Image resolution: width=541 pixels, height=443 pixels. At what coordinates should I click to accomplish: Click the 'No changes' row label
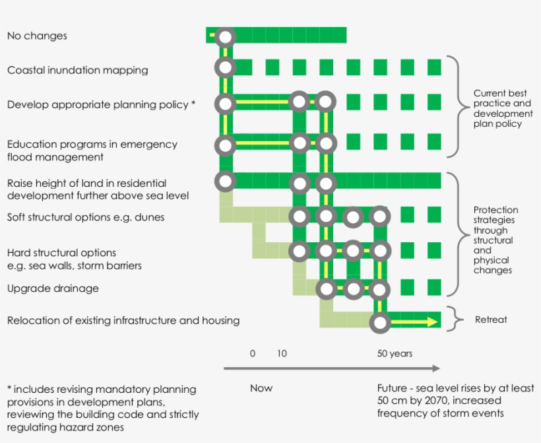pos(37,36)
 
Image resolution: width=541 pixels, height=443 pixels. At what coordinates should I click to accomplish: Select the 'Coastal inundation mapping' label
pos(77,70)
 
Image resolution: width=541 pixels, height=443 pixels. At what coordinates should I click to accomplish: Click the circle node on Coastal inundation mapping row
pos(226,67)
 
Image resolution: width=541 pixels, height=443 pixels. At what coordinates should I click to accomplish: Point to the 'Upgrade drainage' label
pos(53,289)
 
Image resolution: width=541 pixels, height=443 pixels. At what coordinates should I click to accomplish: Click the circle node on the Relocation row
pos(380,323)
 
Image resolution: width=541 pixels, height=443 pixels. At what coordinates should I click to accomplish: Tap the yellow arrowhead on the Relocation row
pos(432,322)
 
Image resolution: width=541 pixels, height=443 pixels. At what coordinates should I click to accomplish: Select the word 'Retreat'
pos(491,320)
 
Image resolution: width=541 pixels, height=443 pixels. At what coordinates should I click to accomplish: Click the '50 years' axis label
pos(395,354)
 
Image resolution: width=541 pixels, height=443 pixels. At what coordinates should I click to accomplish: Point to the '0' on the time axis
pos(252,354)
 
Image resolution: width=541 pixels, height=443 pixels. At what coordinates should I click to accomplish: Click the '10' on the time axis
pos(282,354)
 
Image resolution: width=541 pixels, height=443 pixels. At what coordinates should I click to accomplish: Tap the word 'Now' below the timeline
pos(261,388)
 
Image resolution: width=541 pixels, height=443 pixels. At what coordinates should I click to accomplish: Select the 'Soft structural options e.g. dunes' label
pos(86,217)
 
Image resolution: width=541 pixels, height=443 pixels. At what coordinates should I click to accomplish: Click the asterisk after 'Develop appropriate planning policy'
pos(193,104)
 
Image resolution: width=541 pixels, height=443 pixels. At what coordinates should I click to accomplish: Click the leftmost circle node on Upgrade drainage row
pos(325,289)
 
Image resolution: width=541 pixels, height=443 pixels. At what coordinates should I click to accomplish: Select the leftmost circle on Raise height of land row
pos(226,181)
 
